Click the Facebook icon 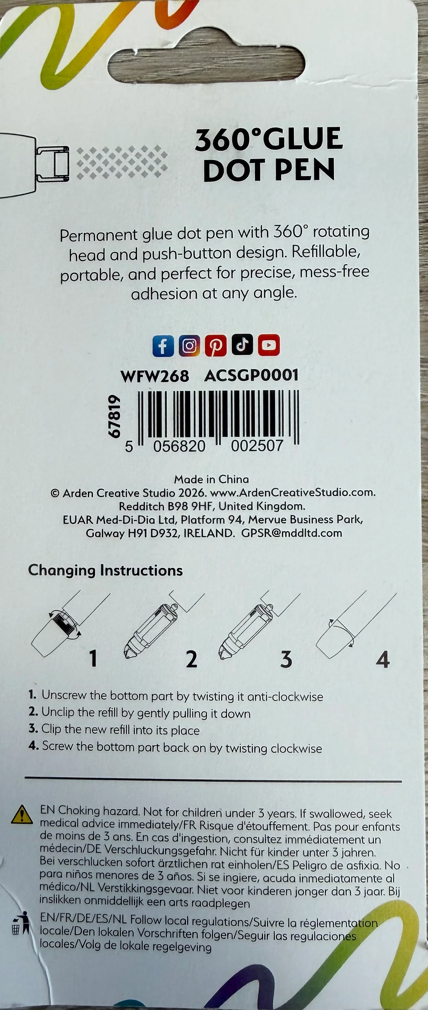point(163,346)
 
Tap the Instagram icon point(189,346)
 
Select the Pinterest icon point(216,346)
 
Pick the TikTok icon point(242,345)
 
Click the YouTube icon point(269,345)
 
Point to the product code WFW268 point(155,377)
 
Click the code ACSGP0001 point(251,376)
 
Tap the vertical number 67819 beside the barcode point(114,416)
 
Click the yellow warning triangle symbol point(22,815)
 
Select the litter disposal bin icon point(20,923)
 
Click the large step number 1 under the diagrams point(93,658)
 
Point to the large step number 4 point(383,659)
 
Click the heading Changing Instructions point(105,570)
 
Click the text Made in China point(212,479)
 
